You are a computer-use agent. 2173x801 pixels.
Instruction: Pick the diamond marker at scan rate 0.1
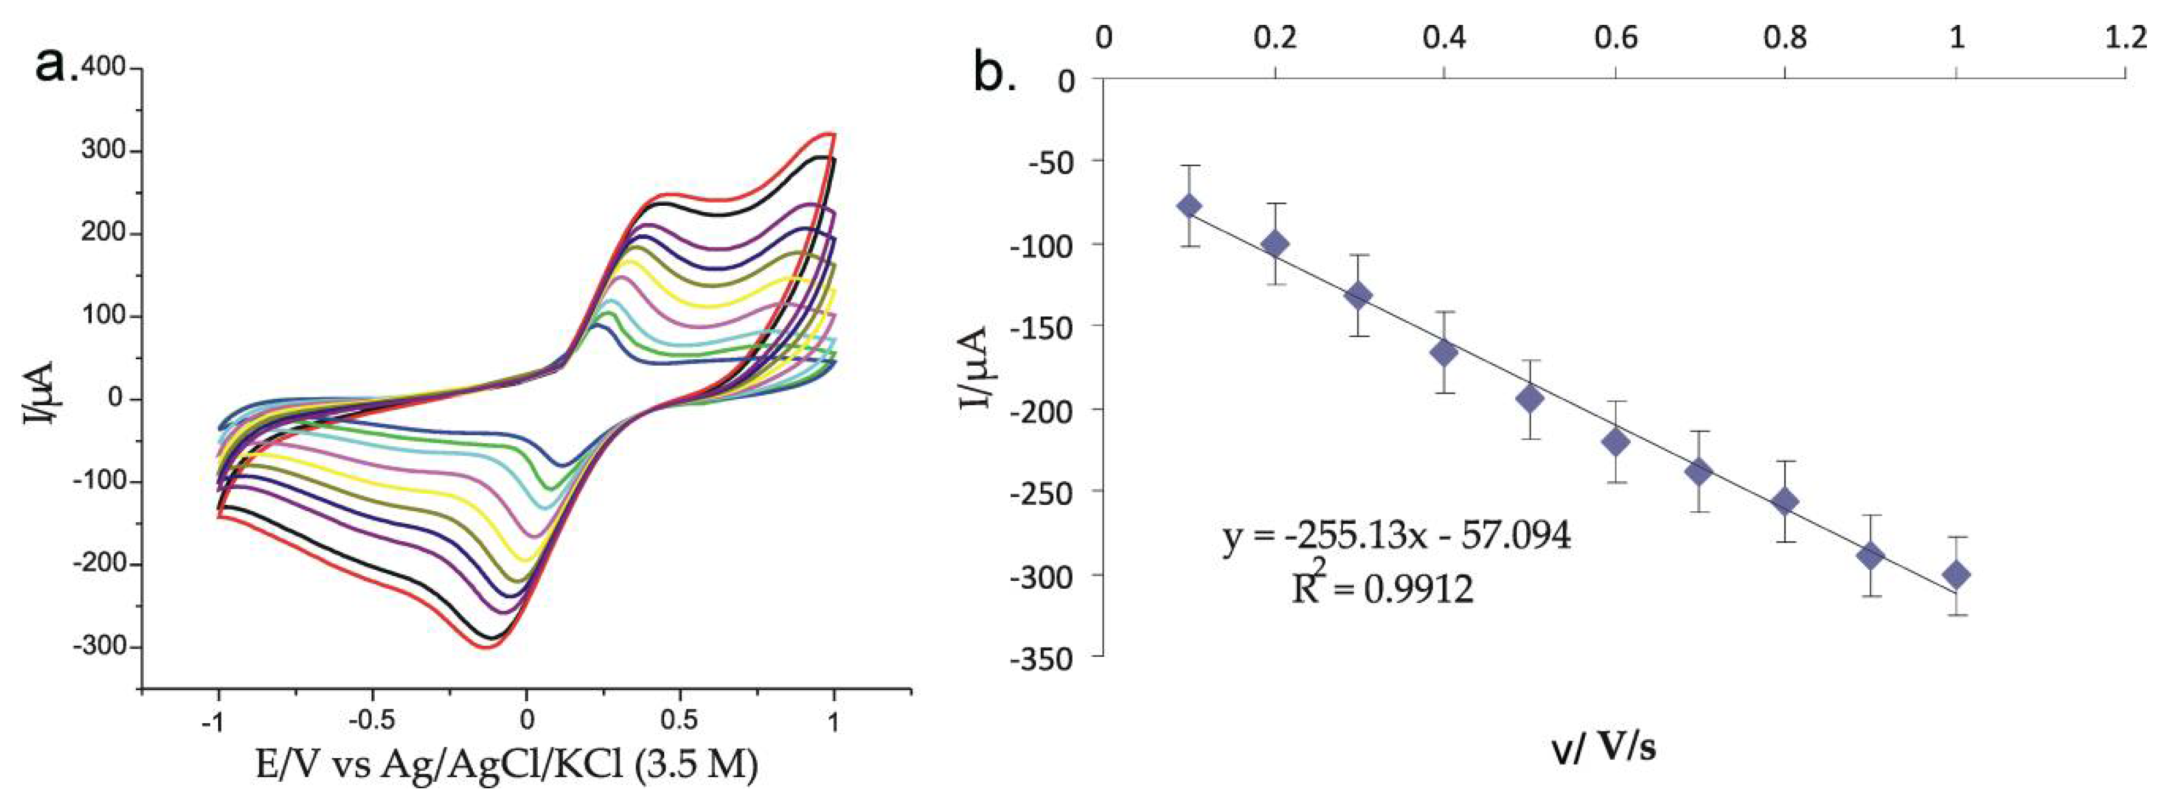[x=1189, y=206]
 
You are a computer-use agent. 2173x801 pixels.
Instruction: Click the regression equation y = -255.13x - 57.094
[x=1397, y=536]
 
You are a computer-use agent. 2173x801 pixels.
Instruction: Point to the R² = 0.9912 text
[x=1384, y=588]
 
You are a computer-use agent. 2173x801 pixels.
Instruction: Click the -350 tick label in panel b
[x=1044, y=658]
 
